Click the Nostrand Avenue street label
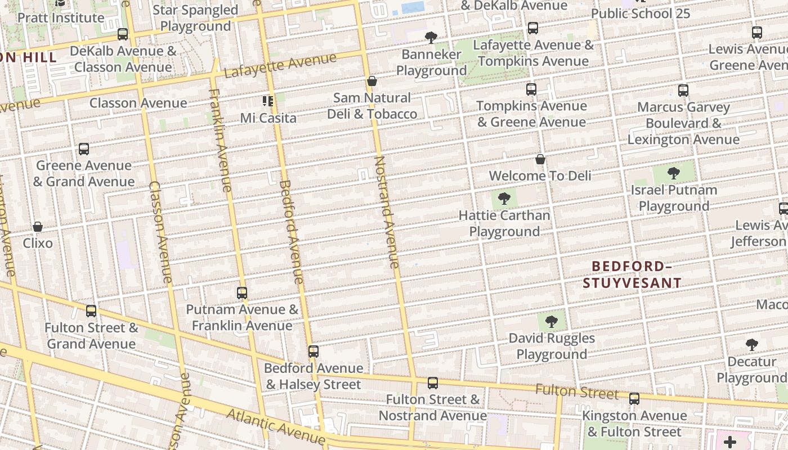pos(387,212)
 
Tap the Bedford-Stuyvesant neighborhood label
pos(632,274)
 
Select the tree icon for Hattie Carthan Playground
pos(504,198)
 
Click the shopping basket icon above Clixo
pos(38,227)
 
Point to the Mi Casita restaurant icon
pos(268,101)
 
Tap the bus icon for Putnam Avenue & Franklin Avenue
pos(242,292)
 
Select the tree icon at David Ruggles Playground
pos(552,321)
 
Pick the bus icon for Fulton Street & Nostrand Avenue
pos(432,383)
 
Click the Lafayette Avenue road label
pos(280,66)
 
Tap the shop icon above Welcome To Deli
pos(540,159)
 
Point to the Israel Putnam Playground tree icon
pos(673,173)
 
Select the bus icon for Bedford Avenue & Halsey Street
pos(314,352)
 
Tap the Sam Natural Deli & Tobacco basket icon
pos(371,81)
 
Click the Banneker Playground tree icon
pos(431,38)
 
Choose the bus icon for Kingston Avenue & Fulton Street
pos(634,399)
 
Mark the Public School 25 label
pos(640,13)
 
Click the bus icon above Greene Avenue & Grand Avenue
pos(84,149)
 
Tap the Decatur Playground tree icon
pos(751,344)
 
